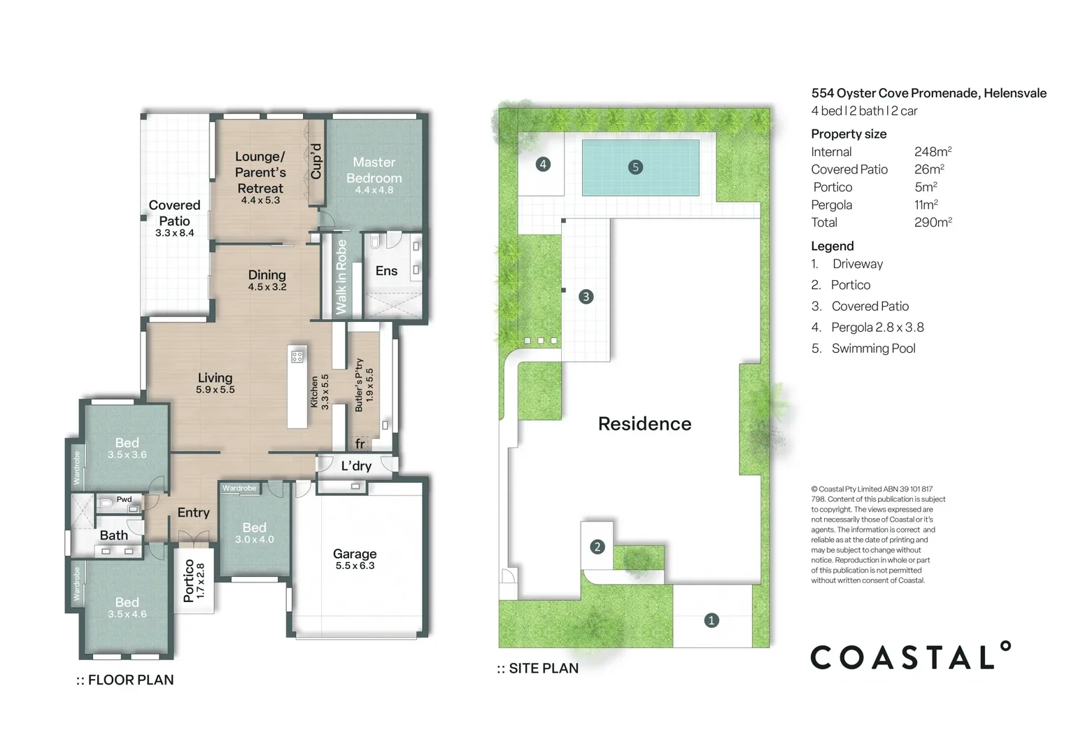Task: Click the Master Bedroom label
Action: point(374,170)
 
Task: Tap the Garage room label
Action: point(355,554)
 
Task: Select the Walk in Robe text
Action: point(341,276)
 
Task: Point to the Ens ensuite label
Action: point(386,271)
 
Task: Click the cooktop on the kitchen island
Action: point(297,356)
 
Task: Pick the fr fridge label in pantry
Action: point(360,444)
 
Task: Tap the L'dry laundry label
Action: point(356,465)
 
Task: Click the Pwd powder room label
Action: point(124,499)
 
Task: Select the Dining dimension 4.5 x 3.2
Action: point(267,287)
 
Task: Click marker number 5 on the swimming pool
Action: point(635,167)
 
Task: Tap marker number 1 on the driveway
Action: point(712,620)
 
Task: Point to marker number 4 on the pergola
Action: point(543,164)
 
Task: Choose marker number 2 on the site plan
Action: point(597,547)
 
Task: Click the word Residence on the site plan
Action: point(644,423)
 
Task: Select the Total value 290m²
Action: point(933,223)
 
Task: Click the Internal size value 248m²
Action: point(933,152)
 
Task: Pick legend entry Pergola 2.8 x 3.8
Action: point(877,327)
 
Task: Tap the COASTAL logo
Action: point(909,657)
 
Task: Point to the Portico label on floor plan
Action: point(189,580)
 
